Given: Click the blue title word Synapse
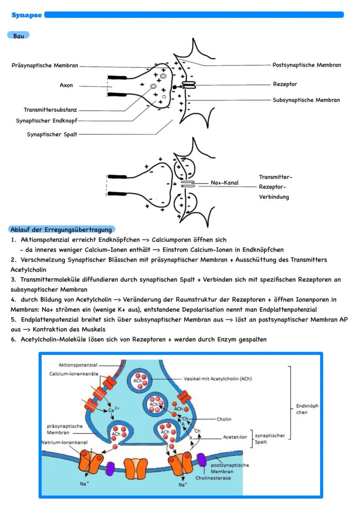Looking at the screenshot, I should click(27, 15).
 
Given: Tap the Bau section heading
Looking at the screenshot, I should click(18, 35).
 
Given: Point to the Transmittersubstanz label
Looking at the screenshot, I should click(50, 110).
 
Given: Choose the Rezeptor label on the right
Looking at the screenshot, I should click(285, 84).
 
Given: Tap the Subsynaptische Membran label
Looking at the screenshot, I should click(306, 100).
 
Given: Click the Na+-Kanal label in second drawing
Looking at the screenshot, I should click(224, 183).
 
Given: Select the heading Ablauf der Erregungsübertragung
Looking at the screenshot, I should click(61, 230).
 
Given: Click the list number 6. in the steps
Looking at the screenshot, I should click(13, 339).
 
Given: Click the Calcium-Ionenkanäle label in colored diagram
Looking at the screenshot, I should click(74, 373).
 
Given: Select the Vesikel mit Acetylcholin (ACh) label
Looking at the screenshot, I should click(217, 379).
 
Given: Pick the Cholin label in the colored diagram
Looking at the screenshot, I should click(224, 419).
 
